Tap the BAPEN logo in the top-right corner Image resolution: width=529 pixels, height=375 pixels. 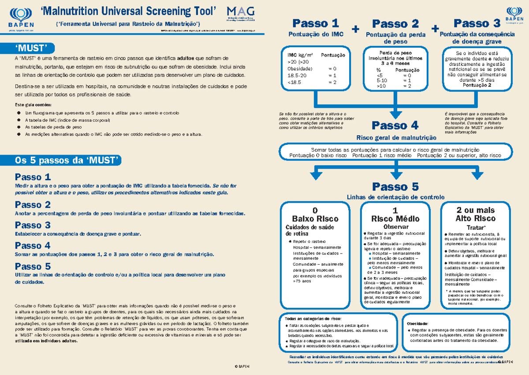(511, 16)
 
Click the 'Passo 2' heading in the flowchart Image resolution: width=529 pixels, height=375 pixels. (395, 23)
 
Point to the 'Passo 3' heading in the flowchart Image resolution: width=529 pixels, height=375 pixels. (477, 23)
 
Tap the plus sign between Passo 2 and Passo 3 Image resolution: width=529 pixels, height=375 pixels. (436, 29)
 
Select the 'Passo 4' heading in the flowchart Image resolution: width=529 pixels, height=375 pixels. (395, 125)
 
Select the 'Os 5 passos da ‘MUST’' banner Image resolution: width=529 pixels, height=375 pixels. (67, 160)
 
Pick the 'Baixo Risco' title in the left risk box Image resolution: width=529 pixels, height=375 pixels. (315, 219)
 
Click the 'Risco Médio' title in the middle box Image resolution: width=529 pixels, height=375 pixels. (395, 219)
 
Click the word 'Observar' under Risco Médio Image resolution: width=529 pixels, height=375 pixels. (395, 227)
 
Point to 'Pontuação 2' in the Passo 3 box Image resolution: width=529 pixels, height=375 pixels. (477, 86)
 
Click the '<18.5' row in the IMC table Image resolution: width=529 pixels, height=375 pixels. (294, 82)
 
